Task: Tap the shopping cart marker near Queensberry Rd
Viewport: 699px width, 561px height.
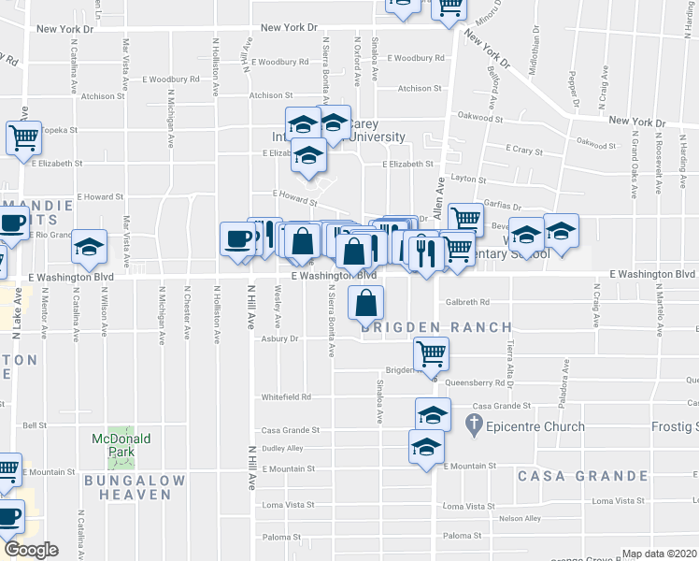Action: [432, 354]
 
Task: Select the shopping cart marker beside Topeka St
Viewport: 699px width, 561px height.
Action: [23, 138]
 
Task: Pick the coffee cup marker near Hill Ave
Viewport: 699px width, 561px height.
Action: [236, 238]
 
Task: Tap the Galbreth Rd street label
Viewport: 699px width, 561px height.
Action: [467, 302]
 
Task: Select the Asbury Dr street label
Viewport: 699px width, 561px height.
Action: [278, 338]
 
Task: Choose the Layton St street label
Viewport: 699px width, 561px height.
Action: [468, 179]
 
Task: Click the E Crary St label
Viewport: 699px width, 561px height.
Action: [524, 149]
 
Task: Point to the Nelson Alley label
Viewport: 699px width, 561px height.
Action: [521, 518]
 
